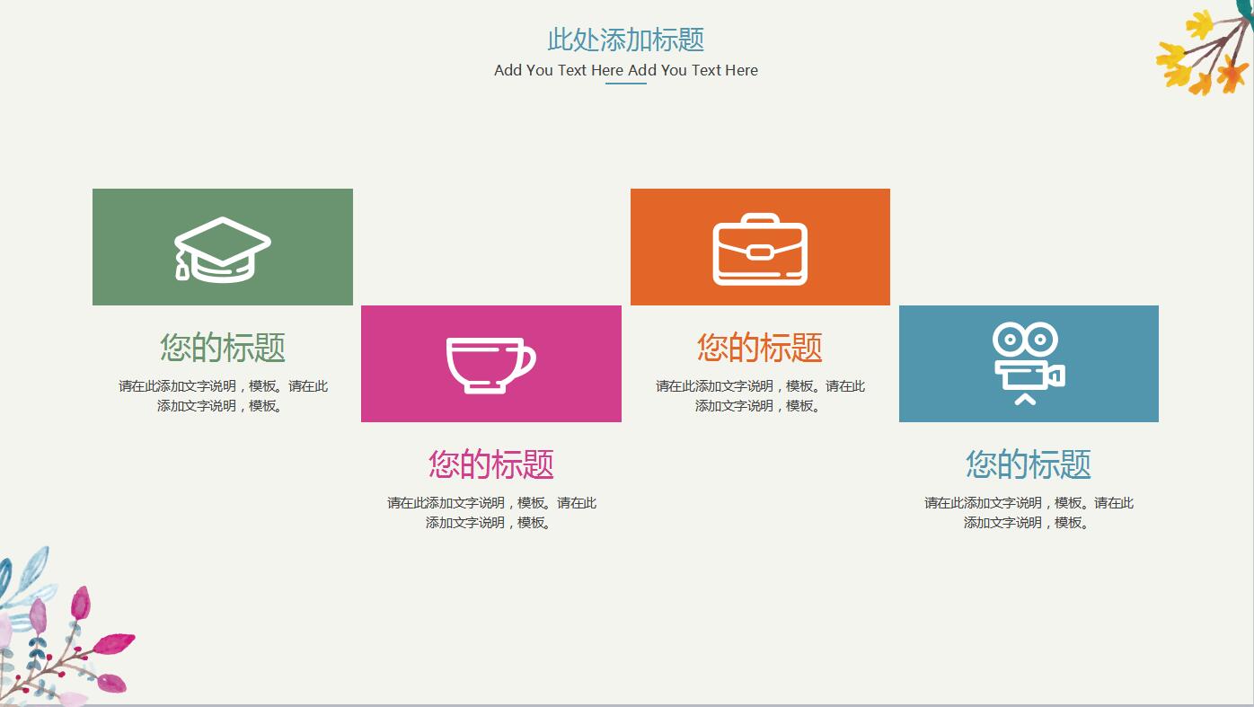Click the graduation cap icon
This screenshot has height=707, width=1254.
click(222, 249)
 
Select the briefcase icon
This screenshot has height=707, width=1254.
click(760, 250)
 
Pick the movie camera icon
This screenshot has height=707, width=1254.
click(1028, 363)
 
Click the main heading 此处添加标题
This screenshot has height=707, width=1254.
click(626, 40)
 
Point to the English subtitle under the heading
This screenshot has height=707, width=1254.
click(626, 70)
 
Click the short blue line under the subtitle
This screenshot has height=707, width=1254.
click(626, 84)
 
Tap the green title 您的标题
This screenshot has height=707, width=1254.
click(223, 348)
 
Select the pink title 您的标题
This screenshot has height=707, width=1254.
click(491, 464)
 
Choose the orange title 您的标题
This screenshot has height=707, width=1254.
click(760, 348)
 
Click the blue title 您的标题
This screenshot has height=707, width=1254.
click(1029, 464)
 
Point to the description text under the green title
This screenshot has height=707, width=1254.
click(223, 396)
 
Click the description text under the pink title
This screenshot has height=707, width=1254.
click(491, 513)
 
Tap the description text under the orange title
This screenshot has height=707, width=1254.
click(760, 396)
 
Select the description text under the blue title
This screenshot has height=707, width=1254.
click(1029, 513)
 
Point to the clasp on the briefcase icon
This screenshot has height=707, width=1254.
click(760, 252)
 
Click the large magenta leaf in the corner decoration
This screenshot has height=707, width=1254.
click(114, 643)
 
